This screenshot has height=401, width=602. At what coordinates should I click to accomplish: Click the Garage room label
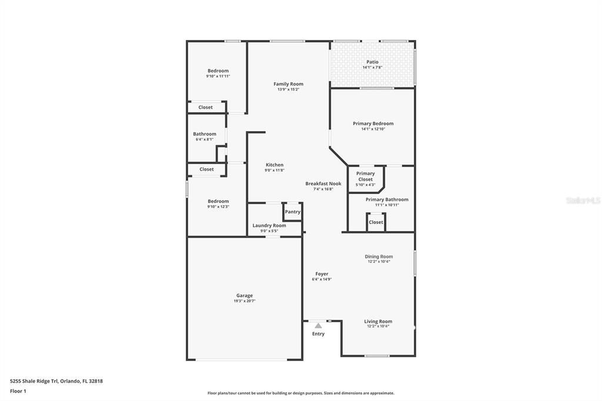point(245,296)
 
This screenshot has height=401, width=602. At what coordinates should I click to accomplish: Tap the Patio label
point(373,62)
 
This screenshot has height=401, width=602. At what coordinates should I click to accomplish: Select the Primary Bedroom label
point(373,123)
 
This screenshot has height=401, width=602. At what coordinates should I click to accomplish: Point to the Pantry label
point(293,212)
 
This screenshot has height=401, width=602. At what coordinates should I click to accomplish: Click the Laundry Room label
point(269,225)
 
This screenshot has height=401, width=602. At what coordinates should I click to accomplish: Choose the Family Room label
point(289,84)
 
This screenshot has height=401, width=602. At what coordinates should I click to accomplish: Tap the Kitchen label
point(275,165)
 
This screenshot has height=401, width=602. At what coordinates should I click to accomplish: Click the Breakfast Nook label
point(323,183)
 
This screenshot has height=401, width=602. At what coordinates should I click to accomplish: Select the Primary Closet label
point(366,176)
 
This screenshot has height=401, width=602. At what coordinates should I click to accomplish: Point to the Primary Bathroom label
point(387,199)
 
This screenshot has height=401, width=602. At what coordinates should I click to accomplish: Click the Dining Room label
point(379,256)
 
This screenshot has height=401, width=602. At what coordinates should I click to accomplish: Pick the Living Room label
point(379,322)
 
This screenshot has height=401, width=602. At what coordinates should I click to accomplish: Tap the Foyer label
point(322,274)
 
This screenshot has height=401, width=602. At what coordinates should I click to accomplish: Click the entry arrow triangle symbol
point(318,325)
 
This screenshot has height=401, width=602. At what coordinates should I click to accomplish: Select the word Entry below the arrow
point(318,334)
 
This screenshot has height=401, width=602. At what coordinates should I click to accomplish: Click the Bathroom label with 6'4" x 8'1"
point(205,134)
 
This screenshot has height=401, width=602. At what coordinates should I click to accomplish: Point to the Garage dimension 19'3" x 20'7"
point(245,301)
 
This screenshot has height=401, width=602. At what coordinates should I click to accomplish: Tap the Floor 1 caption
point(18,391)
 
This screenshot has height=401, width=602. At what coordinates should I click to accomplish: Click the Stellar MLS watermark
point(583,200)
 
